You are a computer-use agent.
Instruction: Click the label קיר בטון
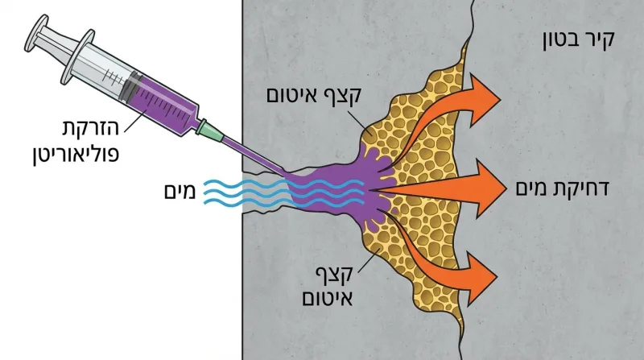click(578, 39)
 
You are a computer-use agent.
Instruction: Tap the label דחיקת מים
click(562, 188)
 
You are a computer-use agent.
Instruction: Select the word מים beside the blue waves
click(180, 192)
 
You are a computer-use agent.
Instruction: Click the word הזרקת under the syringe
click(91, 128)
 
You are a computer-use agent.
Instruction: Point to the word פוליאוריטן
click(76, 155)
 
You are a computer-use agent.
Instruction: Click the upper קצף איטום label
click(313, 95)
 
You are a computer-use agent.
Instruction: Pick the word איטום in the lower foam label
click(328, 297)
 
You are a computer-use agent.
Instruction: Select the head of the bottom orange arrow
click(481, 279)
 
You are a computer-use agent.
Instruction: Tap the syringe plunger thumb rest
click(36, 33)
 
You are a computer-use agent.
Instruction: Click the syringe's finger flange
click(77, 56)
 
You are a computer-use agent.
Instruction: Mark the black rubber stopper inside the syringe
click(130, 87)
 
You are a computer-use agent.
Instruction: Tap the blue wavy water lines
click(284, 192)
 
